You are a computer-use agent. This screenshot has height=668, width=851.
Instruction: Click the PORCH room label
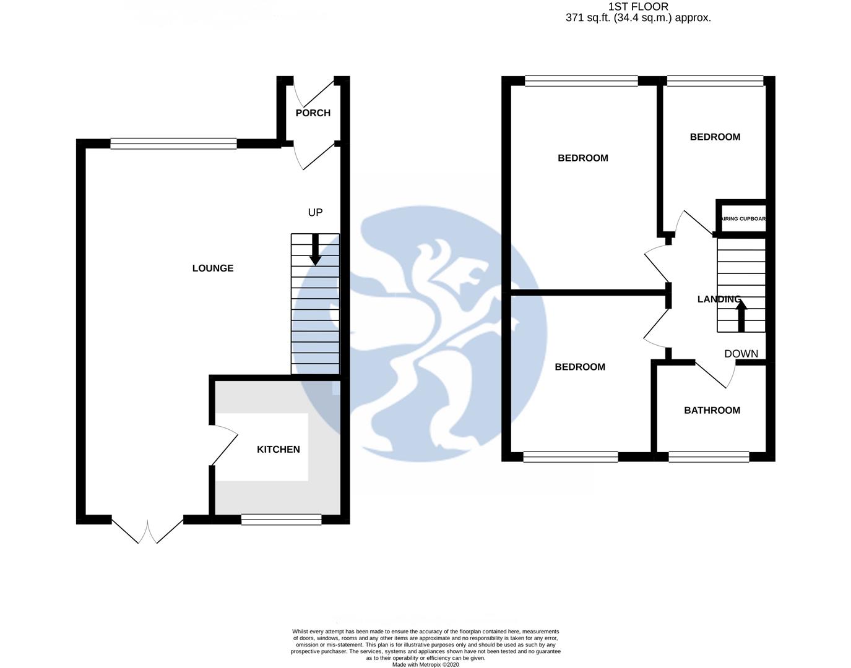pos(313,113)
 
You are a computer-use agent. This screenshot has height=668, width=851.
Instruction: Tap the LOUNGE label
pos(213,268)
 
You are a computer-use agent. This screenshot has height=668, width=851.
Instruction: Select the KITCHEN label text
pos(279,450)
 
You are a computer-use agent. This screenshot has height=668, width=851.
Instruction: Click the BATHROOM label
pos(712,411)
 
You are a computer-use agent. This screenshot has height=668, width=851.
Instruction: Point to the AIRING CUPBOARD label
pos(743,219)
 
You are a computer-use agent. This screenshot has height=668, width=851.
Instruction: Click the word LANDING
pos(719,299)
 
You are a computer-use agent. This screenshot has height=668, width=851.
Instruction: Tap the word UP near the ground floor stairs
pos(315,213)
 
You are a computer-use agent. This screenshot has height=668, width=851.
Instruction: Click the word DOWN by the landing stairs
pos(741,354)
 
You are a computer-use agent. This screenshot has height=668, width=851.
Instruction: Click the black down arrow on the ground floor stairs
pos(315,250)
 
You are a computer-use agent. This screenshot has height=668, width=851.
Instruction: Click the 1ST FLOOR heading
pos(638,7)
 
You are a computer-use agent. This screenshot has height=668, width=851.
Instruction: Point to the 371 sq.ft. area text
pos(638,18)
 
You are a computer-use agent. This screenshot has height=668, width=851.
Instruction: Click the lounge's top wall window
pos(173,144)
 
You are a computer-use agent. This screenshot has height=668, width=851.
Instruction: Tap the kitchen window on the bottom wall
pos(282,520)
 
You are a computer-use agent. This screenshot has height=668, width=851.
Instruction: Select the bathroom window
pos(709,457)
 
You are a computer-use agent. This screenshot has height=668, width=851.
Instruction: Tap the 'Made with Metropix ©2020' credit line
pos(426,665)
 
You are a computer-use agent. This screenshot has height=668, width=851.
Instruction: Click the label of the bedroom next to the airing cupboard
pos(715,137)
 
